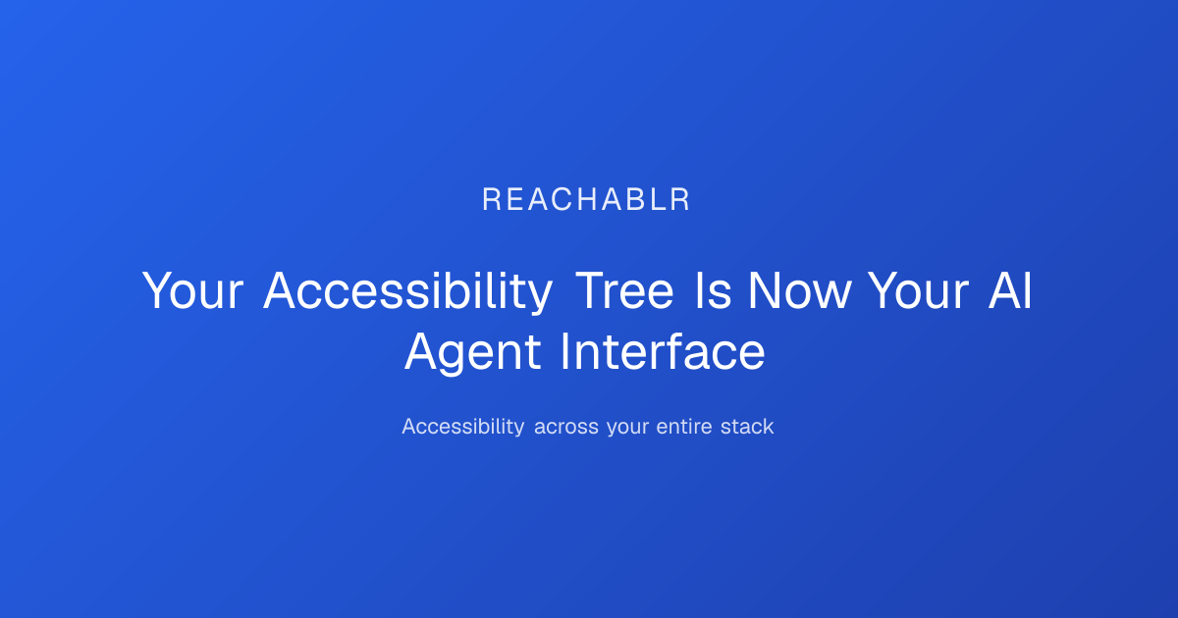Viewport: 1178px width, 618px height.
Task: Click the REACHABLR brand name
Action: [x=586, y=200]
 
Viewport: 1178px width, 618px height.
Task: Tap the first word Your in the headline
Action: [x=192, y=290]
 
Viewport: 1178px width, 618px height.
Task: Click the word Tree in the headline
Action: [x=624, y=290]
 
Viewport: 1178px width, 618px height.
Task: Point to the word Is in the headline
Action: [x=713, y=290]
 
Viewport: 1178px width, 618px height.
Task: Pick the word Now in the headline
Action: [x=799, y=290]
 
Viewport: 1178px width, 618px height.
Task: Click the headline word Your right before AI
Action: [x=918, y=290]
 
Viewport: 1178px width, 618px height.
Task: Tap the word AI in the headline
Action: [x=1011, y=290]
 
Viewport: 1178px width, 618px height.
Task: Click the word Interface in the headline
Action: [x=663, y=351]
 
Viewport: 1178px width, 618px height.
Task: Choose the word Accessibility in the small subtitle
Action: [x=462, y=426]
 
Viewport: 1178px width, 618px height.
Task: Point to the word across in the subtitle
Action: [x=566, y=428]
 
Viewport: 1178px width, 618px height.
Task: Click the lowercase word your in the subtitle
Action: [x=627, y=429]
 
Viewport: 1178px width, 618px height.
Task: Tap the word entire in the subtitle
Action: [x=684, y=426]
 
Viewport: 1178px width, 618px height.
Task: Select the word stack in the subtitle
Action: [x=747, y=426]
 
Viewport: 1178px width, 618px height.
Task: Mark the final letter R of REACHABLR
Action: [x=680, y=200]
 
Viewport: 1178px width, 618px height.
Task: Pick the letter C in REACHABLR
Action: [x=562, y=200]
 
